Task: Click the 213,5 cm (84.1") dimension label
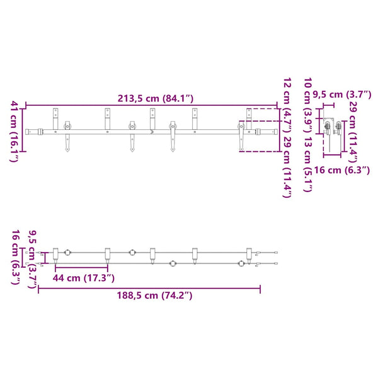click(156, 98)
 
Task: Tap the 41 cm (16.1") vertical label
click(14, 132)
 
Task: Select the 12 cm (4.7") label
click(287, 105)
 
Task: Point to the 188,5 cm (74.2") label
click(154, 295)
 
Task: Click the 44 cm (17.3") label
click(83, 278)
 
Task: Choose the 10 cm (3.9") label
click(307, 105)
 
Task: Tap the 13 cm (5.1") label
click(307, 164)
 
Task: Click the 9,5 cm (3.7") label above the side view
click(342, 94)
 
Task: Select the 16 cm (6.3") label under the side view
click(341, 170)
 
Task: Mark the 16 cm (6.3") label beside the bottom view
click(15, 257)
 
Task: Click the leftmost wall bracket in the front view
click(55, 118)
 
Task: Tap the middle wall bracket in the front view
click(152, 118)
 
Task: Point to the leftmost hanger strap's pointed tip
click(67, 151)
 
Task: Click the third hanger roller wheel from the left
click(173, 126)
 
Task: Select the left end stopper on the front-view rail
click(40, 132)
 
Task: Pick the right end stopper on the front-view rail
click(258, 132)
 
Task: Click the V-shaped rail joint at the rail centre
click(152, 132)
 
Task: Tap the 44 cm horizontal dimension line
click(81, 267)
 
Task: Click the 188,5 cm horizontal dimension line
click(149, 288)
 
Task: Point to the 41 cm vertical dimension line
click(23, 130)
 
